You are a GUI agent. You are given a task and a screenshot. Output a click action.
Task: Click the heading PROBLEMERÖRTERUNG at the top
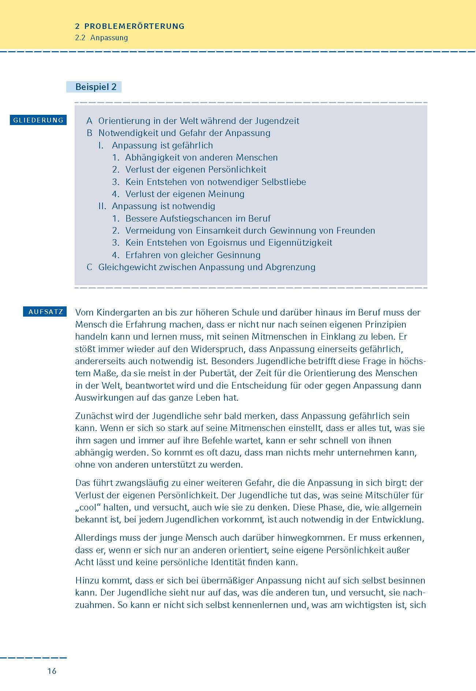click(x=134, y=26)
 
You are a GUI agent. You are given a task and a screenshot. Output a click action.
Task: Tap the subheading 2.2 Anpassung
click(x=101, y=38)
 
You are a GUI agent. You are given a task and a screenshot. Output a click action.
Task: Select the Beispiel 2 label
click(x=96, y=87)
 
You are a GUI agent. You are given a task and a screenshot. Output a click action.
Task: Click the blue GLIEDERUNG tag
click(x=38, y=120)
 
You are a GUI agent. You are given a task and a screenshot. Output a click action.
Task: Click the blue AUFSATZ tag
click(x=46, y=312)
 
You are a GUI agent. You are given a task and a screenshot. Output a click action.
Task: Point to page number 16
click(x=52, y=671)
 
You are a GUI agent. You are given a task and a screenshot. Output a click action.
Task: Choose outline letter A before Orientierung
click(x=89, y=121)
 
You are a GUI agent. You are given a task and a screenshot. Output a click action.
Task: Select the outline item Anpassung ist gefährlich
click(x=162, y=146)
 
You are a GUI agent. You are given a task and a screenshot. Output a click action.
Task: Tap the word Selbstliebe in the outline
click(x=284, y=182)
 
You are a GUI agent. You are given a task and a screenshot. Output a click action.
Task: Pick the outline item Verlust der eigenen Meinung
click(x=185, y=194)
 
